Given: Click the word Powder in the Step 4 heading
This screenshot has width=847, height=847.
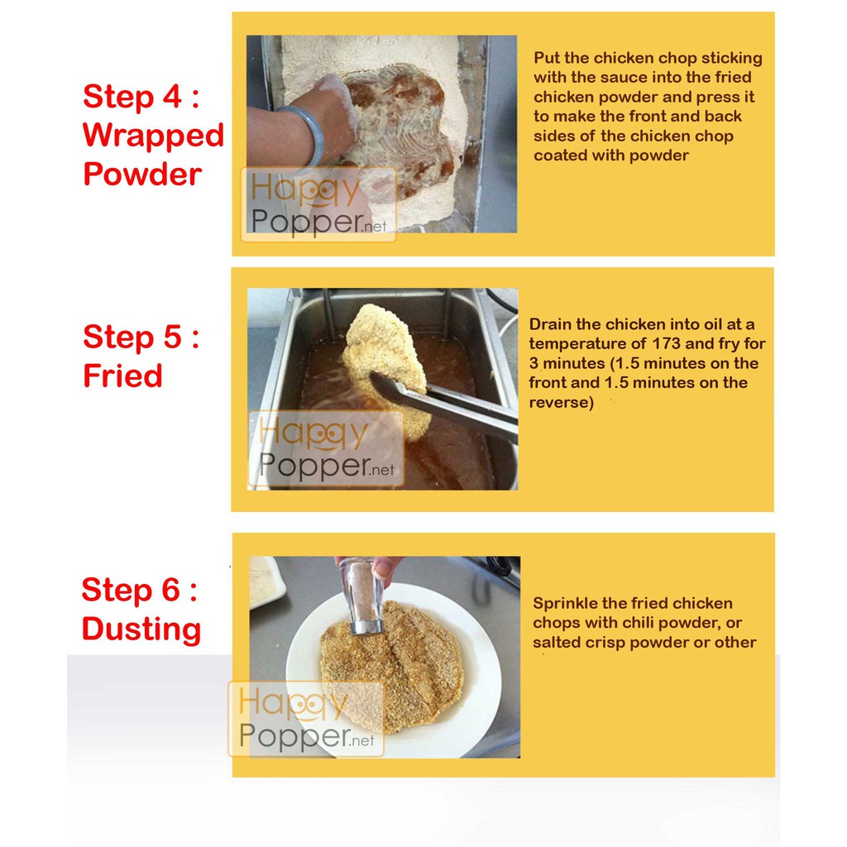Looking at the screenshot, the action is pyautogui.click(x=142, y=174).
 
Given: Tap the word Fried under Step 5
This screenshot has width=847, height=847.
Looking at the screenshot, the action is pyautogui.click(x=122, y=376).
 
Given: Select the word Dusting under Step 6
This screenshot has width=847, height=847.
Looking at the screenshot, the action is pyautogui.click(x=141, y=629).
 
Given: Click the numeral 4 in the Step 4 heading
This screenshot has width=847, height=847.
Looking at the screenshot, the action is pyautogui.click(x=172, y=97).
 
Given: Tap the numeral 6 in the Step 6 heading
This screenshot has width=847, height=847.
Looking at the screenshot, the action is pyautogui.click(x=170, y=589).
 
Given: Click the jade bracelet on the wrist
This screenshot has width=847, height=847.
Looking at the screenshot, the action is pyautogui.click(x=308, y=134).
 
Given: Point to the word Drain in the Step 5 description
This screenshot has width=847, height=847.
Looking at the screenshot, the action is pyautogui.click(x=550, y=324).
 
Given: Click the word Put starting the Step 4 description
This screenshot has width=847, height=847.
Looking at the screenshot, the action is pyautogui.click(x=546, y=58).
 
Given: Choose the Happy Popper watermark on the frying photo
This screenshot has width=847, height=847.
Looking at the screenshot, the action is pyautogui.click(x=326, y=449).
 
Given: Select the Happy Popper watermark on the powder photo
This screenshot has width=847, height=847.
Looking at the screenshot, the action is pyautogui.click(x=318, y=204).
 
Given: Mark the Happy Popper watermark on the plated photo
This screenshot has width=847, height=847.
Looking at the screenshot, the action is pyautogui.click(x=306, y=719).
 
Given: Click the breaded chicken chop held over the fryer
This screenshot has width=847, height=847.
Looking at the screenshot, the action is pyautogui.click(x=385, y=368).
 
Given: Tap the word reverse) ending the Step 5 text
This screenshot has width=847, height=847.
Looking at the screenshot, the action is pyautogui.click(x=562, y=403).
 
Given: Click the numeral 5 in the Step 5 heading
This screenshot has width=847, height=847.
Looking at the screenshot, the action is pyautogui.click(x=172, y=337).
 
